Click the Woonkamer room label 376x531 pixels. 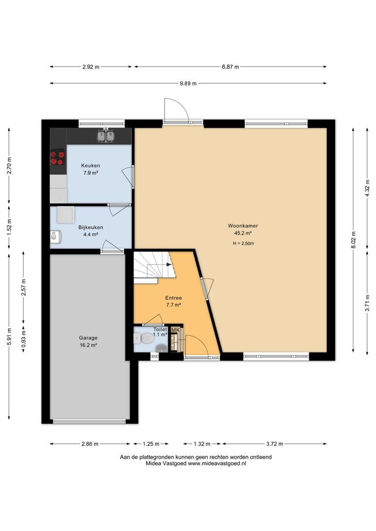(x=243, y=226)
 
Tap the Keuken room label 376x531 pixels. (x=91, y=166)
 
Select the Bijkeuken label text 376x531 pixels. (x=91, y=227)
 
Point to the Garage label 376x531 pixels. (x=88, y=338)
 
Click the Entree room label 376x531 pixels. (x=174, y=298)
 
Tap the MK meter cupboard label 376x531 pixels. (x=175, y=330)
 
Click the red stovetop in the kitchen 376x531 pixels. (x=57, y=157)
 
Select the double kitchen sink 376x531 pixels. (x=106, y=136)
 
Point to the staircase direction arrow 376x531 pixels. (x=168, y=265)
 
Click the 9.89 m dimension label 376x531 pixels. (x=188, y=83)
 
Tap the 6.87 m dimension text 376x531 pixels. (x=230, y=67)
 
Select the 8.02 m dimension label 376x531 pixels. (x=353, y=240)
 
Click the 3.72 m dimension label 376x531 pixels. (x=275, y=443)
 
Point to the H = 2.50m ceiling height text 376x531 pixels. (x=244, y=243)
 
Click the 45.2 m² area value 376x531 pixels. (x=243, y=233)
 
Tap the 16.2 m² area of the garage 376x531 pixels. (x=88, y=345)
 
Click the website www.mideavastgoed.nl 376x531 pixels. (x=217, y=464)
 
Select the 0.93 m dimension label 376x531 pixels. (x=24, y=339)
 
